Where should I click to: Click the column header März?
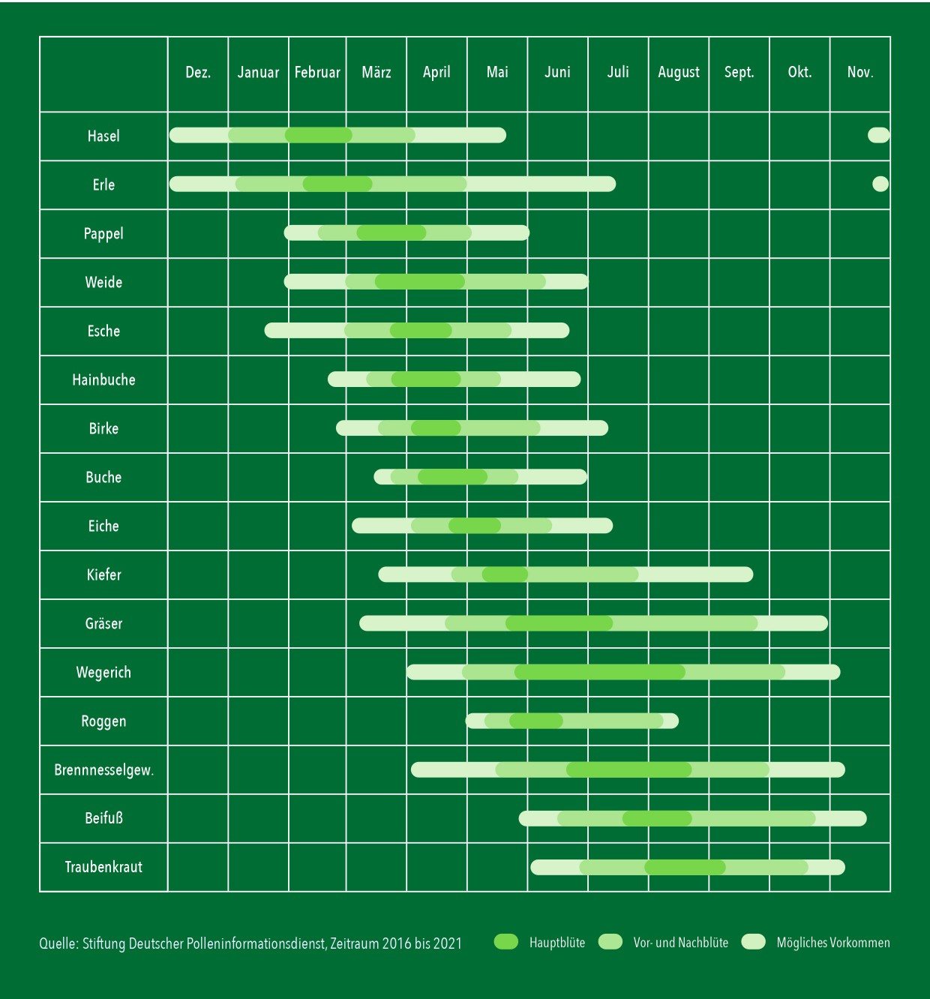pyautogui.click(x=376, y=73)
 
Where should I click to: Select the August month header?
pyautogui.click(x=678, y=73)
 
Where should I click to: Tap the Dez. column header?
pyautogui.click(x=198, y=73)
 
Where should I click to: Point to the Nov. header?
pyautogui.click(x=859, y=73)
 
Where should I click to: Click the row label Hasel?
pyautogui.click(x=103, y=136)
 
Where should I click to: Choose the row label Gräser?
pyautogui.click(x=103, y=623)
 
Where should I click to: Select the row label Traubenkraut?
pyautogui.click(x=103, y=867)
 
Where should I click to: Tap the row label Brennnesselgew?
pyautogui.click(x=103, y=769)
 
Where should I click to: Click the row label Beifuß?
pyautogui.click(x=103, y=818)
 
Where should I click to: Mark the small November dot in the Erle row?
pyautogui.click(x=880, y=184)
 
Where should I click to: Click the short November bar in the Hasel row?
pyautogui.click(x=878, y=135)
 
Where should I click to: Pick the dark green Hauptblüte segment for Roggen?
pyautogui.click(x=536, y=721)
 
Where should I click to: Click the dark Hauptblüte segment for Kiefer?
pyautogui.click(x=505, y=574)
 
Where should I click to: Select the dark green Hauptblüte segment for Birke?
pyautogui.click(x=436, y=428)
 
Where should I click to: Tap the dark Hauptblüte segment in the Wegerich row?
pyautogui.click(x=600, y=672)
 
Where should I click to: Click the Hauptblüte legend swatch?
pyautogui.click(x=506, y=942)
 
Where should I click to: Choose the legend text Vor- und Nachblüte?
pyautogui.click(x=680, y=943)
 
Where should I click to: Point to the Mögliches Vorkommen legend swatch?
pyautogui.click(x=754, y=942)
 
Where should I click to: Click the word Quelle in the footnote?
pyautogui.click(x=58, y=943)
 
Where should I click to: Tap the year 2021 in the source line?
pyautogui.click(x=448, y=943)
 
